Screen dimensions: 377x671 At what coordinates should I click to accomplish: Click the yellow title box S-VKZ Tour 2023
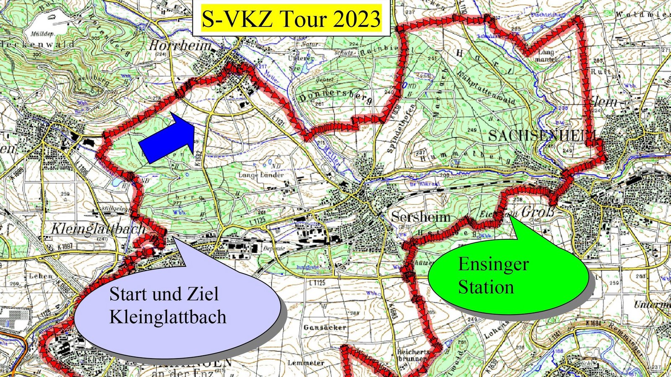pyautogui.click(x=291, y=19)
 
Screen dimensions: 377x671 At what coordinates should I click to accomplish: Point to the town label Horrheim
pyautogui.click(x=180, y=45)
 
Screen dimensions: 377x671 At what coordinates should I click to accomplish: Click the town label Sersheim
pyautogui.click(x=421, y=217)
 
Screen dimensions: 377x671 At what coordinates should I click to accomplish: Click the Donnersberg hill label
pyautogui.click(x=335, y=96)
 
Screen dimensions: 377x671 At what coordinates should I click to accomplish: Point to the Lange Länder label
pyautogui.click(x=261, y=175)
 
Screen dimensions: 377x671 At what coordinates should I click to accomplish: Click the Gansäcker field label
pyautogui.click(x=325, y=327)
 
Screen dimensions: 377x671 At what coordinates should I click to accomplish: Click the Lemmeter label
pyautogui.click(x=306, y=363)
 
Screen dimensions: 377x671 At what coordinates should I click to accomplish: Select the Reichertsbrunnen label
pyautogui.click(x=413, y=355)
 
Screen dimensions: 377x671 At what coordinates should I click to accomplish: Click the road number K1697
pyautogui.click(x=65, y=247)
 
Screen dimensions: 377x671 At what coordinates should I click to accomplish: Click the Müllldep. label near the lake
pyautogui.click(x=42, y=33)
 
